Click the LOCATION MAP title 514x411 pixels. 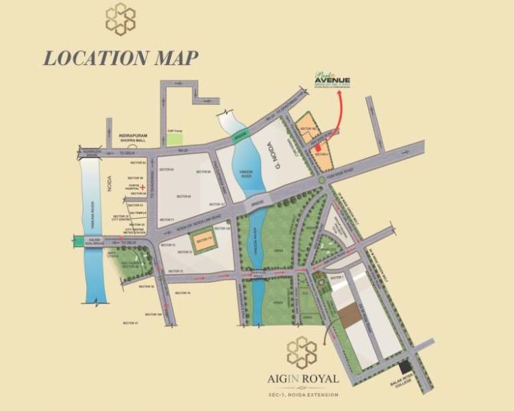coord(121,58)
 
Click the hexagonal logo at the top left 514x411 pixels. coord(120,18)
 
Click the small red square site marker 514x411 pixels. coord(317,147)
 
